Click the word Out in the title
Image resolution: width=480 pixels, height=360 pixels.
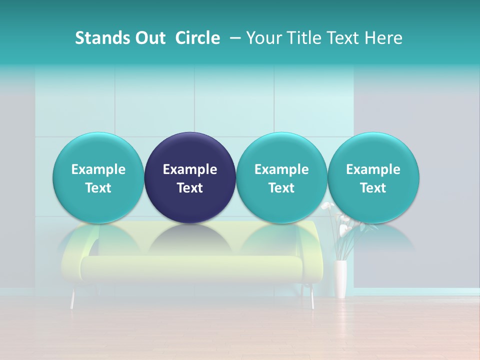(150, 38)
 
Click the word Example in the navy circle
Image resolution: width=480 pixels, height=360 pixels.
(190, 169)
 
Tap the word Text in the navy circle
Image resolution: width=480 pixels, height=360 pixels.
(190, 188)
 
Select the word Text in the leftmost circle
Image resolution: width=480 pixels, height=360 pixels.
(98, 188)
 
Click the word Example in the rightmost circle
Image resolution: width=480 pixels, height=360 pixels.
(373, 169)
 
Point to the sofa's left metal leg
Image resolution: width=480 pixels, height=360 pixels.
(72, 299)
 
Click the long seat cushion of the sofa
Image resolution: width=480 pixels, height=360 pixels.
(190, 268)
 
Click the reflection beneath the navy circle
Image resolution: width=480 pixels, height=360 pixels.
(190, 239)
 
